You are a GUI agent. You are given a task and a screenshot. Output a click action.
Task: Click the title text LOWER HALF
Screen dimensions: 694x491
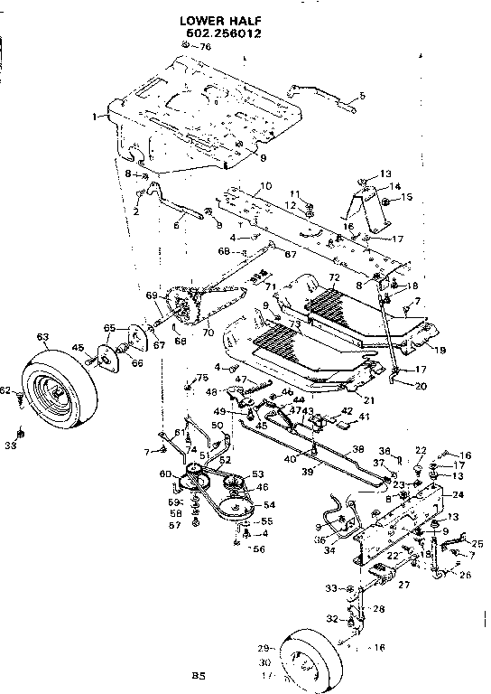tap(207, 16)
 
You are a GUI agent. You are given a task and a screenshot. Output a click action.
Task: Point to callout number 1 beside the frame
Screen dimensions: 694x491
tap(95, 117)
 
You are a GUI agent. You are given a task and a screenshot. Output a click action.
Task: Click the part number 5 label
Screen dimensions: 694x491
tap(362, 95)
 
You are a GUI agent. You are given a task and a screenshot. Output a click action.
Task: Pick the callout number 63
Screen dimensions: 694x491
tap(42, 336)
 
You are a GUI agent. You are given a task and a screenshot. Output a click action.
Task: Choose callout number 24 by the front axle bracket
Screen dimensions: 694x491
tap(458, 495)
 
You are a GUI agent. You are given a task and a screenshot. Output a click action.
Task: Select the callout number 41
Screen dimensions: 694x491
tap(366, 417)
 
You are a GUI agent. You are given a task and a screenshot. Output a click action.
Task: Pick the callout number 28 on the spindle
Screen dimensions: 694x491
tap(379, 609)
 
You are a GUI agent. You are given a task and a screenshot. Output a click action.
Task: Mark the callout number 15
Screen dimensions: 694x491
tap(407, 197)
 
